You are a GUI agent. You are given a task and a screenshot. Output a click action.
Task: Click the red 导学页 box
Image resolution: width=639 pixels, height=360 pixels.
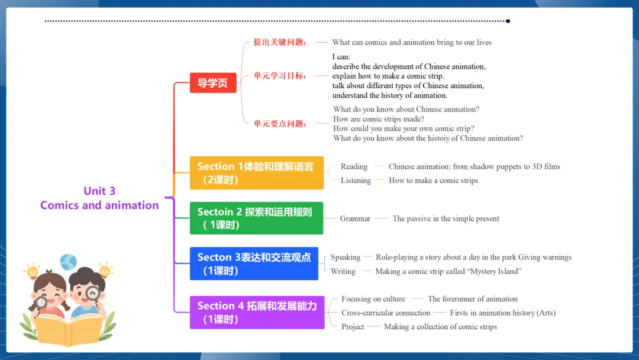[x=212, y=83]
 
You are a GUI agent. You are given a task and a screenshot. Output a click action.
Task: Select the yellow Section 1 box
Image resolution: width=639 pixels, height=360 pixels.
[x=256, y=173]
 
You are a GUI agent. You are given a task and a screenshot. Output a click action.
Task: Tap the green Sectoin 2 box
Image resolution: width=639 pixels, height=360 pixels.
[x=256, y=218]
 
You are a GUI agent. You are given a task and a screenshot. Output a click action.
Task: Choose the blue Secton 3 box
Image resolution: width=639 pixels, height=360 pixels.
[x=254, y=263]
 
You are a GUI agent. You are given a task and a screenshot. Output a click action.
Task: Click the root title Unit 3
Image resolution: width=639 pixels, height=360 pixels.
[x=99, y=191]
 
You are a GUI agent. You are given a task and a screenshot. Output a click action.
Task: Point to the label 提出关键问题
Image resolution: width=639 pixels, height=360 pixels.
[x=280, y=42]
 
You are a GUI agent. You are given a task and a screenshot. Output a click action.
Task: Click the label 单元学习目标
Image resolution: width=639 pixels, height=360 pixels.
[x=280, y=76]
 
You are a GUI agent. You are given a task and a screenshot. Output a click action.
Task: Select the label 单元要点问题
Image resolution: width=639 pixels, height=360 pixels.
[x=280, y=124]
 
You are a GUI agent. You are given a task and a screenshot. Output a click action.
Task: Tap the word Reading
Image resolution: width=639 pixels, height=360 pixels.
[x=354, y=166]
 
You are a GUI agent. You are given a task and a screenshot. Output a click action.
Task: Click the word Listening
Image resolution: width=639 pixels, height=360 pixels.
[x=356, y=181]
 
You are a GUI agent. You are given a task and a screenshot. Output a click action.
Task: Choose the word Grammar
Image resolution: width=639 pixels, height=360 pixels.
[x=355, y=218]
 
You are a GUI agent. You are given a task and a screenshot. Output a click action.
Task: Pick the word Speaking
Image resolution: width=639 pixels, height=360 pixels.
[x=346, y=257]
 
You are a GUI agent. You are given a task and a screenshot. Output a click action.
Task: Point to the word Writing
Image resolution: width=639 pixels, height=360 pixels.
[x=343, y=271]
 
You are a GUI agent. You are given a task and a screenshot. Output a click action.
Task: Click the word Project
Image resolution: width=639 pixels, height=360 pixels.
[x=353, y=327]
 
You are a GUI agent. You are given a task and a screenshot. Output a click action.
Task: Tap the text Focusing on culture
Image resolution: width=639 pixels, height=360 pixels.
[x=373, y=299]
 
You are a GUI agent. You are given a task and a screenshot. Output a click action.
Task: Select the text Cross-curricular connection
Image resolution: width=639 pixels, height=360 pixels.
[x=386, y=313]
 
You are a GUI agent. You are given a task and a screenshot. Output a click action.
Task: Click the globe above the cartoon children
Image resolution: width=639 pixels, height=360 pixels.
[x=69, y=262]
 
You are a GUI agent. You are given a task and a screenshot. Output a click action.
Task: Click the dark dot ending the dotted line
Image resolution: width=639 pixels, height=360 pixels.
[x=508, y=21]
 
